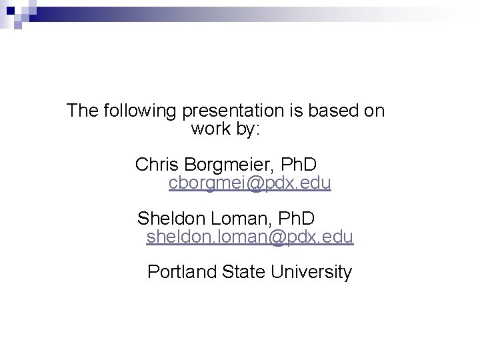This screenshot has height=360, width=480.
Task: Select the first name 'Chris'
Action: (x=154, y=164)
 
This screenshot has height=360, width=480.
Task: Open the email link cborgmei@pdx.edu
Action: (x=250, y=183)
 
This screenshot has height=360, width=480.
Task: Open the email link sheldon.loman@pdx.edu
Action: (x=250, y=237)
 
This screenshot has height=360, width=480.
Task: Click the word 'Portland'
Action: (x=178, y=272)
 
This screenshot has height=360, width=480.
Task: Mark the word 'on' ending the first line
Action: (x=375, y=111)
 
